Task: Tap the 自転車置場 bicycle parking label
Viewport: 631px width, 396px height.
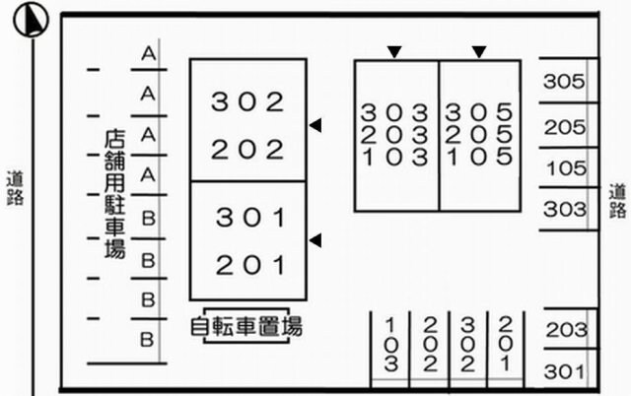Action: tap(246, 325)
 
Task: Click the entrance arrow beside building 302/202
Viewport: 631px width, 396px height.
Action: tap(315, 124)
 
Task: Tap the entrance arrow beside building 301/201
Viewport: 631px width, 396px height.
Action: tap(315, 239)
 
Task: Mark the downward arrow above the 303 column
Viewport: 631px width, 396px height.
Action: tap(394, 51)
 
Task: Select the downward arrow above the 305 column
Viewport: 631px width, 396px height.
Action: tap(479, 51)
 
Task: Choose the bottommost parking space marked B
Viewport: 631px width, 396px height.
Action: tap(148, 340)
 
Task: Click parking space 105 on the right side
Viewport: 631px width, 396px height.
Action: tap(565, 168)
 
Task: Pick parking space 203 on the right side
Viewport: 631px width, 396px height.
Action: tap(565, 330)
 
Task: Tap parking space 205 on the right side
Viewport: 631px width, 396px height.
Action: tap(565, 127)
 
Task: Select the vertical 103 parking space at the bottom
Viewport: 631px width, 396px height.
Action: tap(391, 345)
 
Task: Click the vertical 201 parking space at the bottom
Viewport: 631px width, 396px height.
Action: tap(505, 345)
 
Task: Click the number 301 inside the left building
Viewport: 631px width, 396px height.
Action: tap(249, 217)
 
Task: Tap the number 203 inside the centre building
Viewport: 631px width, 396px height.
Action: tap(394, 134)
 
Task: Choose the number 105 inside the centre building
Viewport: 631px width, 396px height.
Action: tap(479, 156)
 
